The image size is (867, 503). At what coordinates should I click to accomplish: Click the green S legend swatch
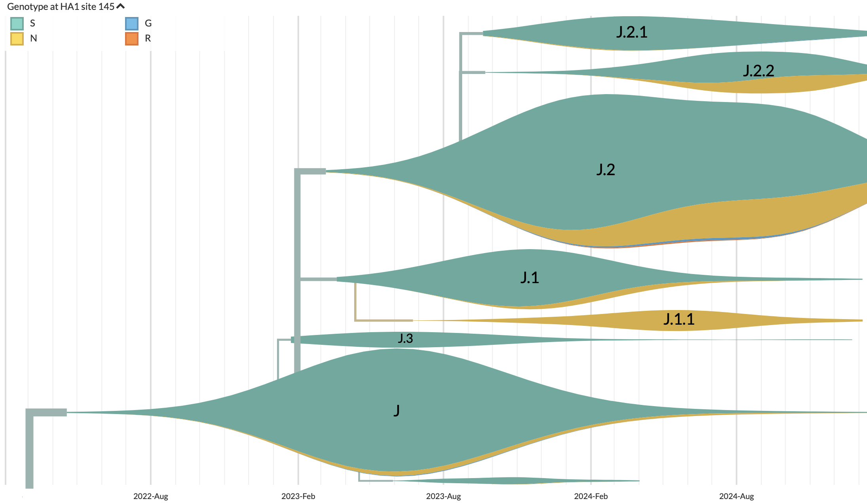point(17,24)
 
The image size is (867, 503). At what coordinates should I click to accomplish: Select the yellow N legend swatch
point(17,39)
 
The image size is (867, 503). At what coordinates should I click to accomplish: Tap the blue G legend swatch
point(132,24)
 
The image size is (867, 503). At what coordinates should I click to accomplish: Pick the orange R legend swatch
point(132,39)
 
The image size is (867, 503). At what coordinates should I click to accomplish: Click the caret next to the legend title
point(121,6)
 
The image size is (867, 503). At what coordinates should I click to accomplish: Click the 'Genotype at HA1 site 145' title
point(61,7)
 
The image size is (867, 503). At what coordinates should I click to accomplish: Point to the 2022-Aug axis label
point(150,496)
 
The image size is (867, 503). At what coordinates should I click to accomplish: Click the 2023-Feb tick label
point(298,496)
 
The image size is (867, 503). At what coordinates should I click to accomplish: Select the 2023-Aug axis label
point(443,496)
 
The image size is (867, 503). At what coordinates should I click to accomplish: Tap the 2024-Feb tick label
point(591,496)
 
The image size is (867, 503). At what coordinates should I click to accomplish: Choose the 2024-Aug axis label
point(736,496)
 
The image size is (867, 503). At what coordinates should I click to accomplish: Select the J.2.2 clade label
point(758,71)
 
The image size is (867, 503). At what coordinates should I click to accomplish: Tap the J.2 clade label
point(605,170)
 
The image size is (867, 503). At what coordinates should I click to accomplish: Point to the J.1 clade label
point(529,278)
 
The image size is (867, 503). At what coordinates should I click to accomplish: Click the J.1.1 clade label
point(679,319)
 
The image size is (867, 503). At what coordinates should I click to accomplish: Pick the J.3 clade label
point(405,338)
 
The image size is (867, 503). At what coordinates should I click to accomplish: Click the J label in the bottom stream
point(397,410)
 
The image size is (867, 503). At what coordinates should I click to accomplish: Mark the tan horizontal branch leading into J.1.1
point(384,320)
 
